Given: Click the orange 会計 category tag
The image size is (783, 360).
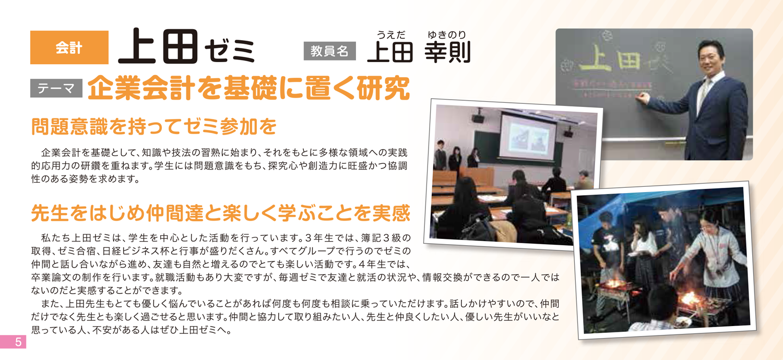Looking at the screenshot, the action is [x=69, y=47].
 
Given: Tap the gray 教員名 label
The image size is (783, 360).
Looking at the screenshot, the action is [x=329, y=51].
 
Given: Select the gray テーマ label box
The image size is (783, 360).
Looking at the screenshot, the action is [x=56, y=88].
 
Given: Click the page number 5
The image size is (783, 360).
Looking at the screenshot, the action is [x=18, y=341].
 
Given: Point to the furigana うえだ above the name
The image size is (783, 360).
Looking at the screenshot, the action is [x=391, y=34].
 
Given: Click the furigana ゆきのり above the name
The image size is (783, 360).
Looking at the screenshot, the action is [x=447, y=34].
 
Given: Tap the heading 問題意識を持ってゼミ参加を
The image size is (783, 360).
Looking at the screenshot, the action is [x=154, y=126].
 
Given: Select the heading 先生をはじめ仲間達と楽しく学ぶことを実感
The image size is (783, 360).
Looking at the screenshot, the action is [x=221, y=213].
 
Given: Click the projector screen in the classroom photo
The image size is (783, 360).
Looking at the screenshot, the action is [x=527, y=137].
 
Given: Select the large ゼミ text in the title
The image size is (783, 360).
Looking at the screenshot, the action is [x=229, y=52].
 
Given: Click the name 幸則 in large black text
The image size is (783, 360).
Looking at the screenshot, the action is [x=447, y=52].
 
